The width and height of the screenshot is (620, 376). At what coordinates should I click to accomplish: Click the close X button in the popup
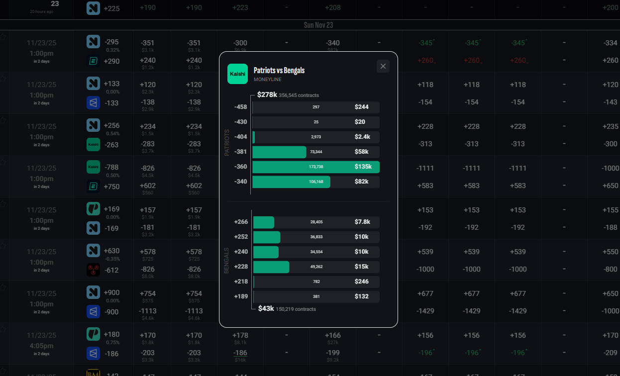(383, 66)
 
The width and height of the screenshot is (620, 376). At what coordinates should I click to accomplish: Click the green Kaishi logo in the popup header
(237, 74)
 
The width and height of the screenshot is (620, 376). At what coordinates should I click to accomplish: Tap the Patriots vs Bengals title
(279, 70)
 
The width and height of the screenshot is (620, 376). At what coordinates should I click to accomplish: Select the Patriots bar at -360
(315, 167)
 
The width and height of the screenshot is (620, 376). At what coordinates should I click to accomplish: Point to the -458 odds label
(240, 107)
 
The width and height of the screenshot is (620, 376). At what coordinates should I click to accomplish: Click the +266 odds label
(241, 222)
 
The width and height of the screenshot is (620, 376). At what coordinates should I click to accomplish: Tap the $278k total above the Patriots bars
(267, 94)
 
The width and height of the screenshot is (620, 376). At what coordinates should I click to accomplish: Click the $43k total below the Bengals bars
(266, 309)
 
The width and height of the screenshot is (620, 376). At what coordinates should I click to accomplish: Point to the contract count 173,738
(316, 167)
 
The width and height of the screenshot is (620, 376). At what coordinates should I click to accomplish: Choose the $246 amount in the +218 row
(362, 282)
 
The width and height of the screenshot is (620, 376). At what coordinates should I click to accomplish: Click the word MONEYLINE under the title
(268, 80)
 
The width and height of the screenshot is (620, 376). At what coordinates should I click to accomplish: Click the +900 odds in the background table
(111, 292)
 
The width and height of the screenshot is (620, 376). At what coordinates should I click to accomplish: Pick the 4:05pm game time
(41, 346)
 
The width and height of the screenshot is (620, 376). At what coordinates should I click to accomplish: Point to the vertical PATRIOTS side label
(227, 143)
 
